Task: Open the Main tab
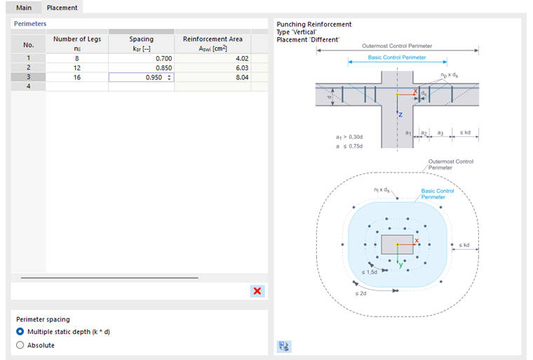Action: pyautogui.click(x=24, y=8)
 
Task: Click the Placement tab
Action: pyautogui.click(x=62, y=8)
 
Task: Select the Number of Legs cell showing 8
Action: pyautogui.click(x=77, y=58)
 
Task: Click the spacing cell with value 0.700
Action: pyautogui.click(x=142, y=58)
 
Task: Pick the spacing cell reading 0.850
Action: pyautogui.click(x=142, y=68)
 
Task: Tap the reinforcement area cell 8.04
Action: pyautogui.click(x=212, y=77)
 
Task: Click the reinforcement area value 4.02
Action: pyautogui.click(x=212, y=58)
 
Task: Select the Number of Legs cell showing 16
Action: pyautogui.click(x=77, y=77)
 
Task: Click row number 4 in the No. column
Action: pyautogui.click(x=28, y=86)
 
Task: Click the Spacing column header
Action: pyautogui.click(x=142, y=44)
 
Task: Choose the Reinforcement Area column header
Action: pyautogui.click(x=212, y=44)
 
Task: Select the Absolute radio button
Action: pyautogui.click(x=20, y=345)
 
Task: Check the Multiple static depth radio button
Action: pyautogui.click(x=20, y=331)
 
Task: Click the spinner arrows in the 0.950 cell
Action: pyautogui.click(x=169, y=77)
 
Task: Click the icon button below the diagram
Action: pyautogui.click(x=284, y=346)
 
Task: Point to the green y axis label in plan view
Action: pyautogui.click(x=400, y=265)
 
